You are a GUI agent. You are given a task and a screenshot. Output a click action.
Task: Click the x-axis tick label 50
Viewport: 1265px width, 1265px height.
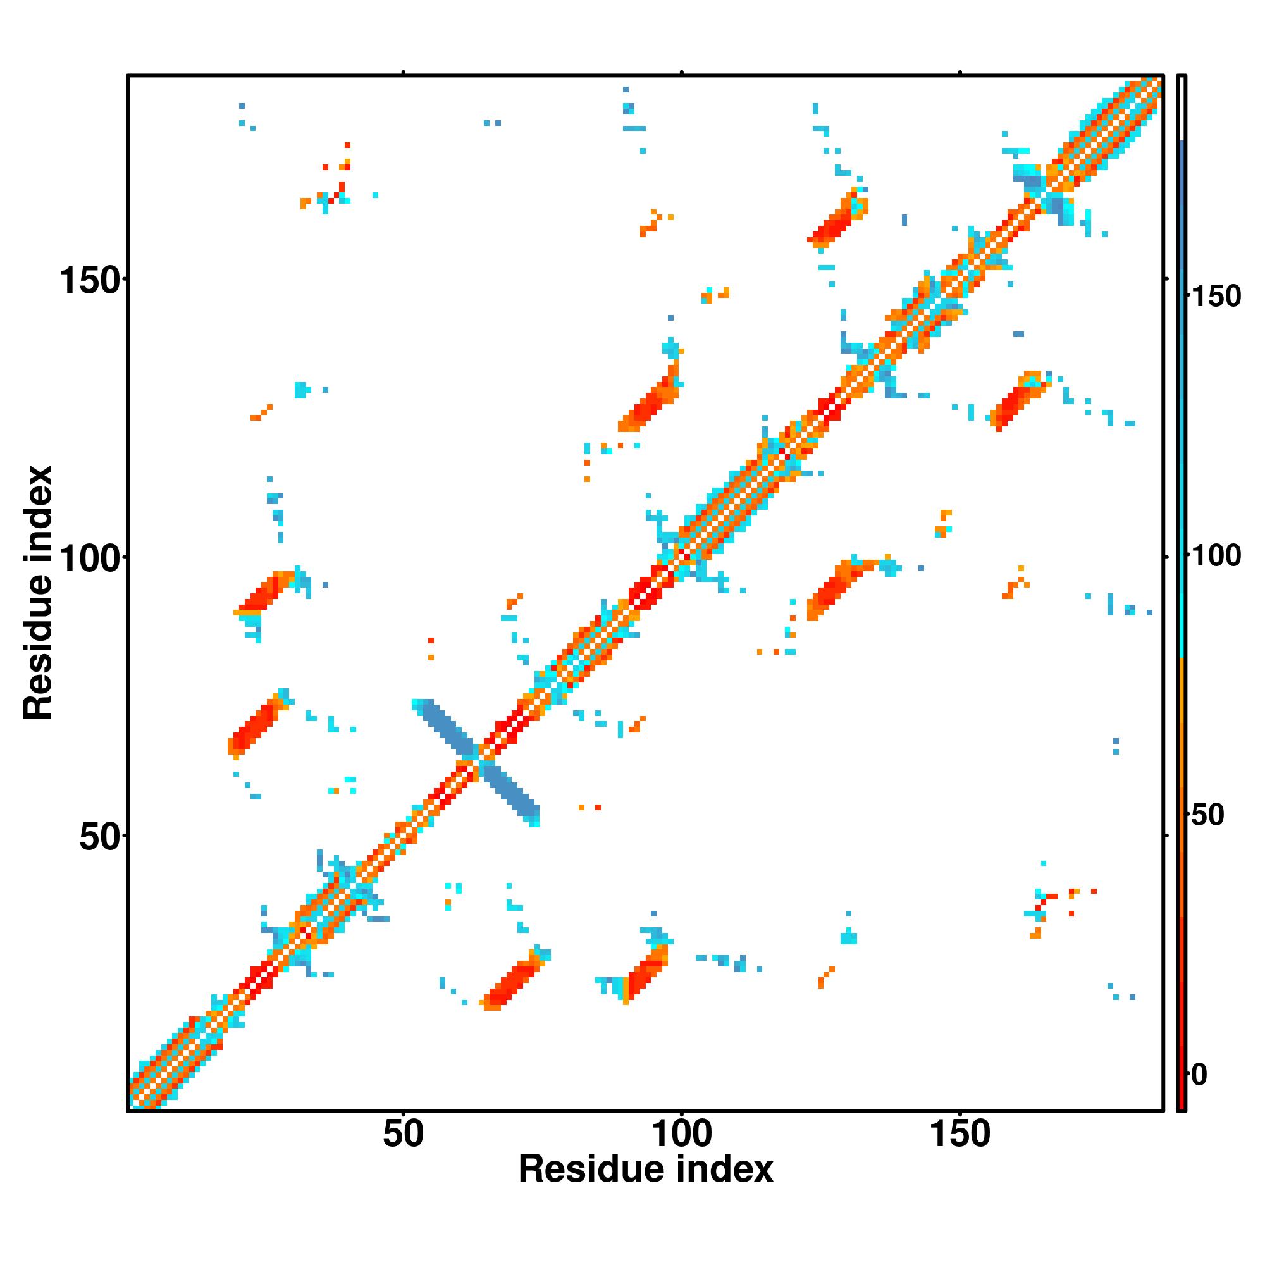(x=404, y=1134)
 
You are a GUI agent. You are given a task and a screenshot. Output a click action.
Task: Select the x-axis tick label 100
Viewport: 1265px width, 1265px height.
(x=682, y=1134)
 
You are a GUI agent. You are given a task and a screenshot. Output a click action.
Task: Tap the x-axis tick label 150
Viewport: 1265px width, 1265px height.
(x=960, y=1134)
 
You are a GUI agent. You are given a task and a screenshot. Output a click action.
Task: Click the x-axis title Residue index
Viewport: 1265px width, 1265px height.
(x=646, y=1169)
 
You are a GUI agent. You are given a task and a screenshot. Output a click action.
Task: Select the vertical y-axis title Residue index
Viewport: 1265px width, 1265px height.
(x=38, y=593)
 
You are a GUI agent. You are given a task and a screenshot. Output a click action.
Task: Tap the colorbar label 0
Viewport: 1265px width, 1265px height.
(x=1199, y=1075)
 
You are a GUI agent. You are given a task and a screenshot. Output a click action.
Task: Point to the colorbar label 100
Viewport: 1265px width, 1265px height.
(x=1216, y=556)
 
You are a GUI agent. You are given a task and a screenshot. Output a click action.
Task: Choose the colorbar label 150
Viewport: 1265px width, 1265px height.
(x=1216, y=297)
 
